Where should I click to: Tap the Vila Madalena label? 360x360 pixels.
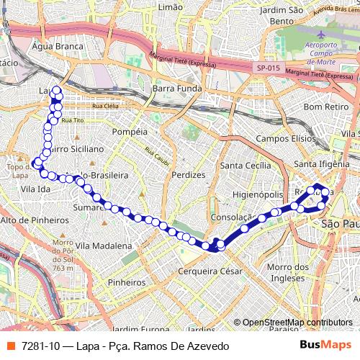[x=101, y=245]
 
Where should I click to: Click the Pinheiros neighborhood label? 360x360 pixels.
[x=126, y=282]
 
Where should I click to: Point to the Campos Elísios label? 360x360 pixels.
[x=286, y=138]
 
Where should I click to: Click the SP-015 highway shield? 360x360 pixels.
[x=266, y=68]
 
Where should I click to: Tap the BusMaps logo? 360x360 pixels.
[x=325, y=346]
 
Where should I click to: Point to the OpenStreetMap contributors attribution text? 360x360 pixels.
[x=297, y=323]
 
